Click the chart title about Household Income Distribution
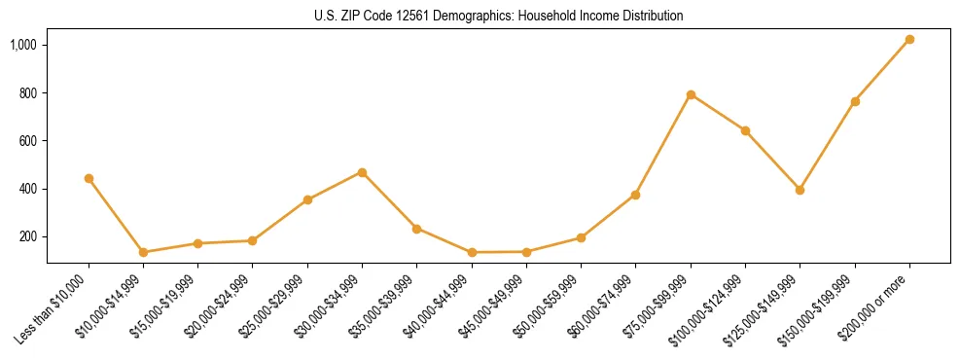(x=499, y=17)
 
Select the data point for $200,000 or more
(x=909, y=40)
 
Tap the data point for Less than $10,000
(x=89, y=178)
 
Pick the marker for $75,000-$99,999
(x=691, y=94)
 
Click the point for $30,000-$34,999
(x=362, y=172)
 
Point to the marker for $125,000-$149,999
(x=800, y=190)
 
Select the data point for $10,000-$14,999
(x=143, y=252)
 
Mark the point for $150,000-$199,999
(x=855, y=101)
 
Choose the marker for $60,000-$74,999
(x=635, y=195)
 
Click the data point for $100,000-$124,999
(x=745, y=130)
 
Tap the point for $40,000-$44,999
(x=472, y=252)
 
